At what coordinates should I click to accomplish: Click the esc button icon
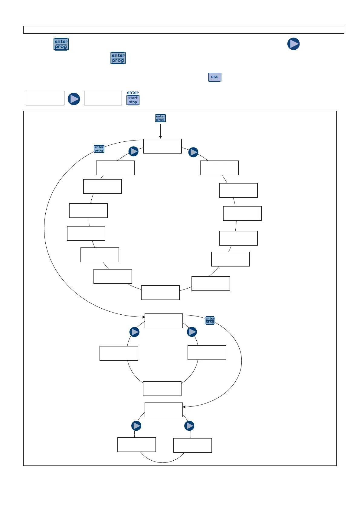214,77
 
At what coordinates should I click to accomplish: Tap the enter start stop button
133,98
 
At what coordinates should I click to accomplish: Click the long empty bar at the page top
183,30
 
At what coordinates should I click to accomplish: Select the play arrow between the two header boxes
74,99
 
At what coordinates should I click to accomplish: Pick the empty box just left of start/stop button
103,98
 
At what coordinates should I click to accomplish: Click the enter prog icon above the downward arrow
160,118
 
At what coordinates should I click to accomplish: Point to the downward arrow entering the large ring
160,132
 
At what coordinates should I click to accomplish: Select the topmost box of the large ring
162,146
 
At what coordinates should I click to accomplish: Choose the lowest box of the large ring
160,293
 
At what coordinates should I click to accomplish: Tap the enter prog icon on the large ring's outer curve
99,149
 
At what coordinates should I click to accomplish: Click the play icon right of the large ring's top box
193,152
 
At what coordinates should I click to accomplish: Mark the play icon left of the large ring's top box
133,151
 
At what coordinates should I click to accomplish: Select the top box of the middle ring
164,321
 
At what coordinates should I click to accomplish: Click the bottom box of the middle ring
162,389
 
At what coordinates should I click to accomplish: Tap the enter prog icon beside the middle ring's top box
210,320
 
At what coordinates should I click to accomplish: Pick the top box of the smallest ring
164,410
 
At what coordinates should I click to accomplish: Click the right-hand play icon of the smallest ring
189,426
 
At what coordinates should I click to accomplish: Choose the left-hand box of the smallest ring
136,445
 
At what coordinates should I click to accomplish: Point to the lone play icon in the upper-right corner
293,44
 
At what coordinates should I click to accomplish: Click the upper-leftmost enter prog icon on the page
61,44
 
